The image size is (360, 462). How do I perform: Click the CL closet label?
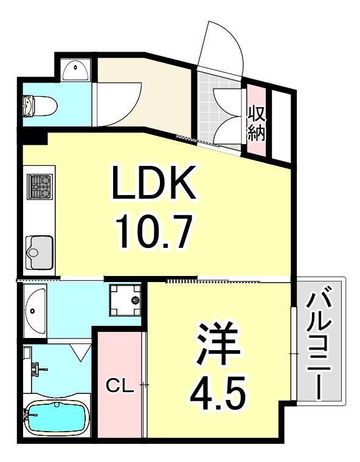(119, 385)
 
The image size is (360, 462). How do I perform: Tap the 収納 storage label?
(257, 123)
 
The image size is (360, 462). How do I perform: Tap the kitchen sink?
(40, 250)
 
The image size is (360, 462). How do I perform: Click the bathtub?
(56, 418)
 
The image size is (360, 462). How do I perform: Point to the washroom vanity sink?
(35, 308)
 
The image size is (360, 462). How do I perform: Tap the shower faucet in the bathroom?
(36, 368)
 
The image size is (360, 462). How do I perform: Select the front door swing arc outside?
(224, 46)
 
